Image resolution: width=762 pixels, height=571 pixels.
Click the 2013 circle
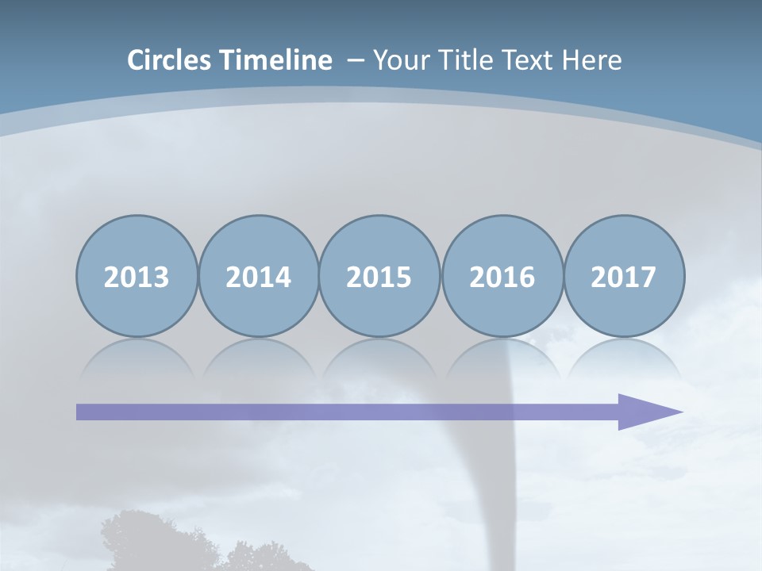[137, 277]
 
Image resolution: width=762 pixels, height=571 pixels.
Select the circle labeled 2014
[258, 277]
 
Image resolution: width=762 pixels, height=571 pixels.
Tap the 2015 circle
[379, 277]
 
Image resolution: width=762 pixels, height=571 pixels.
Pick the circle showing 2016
[502, 277]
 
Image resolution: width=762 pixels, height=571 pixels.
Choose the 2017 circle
[624, 277]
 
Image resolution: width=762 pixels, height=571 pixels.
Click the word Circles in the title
[171, 60]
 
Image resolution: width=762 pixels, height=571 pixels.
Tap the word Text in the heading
[525, 60]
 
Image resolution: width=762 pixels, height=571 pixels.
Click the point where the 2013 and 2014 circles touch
[198, 277]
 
